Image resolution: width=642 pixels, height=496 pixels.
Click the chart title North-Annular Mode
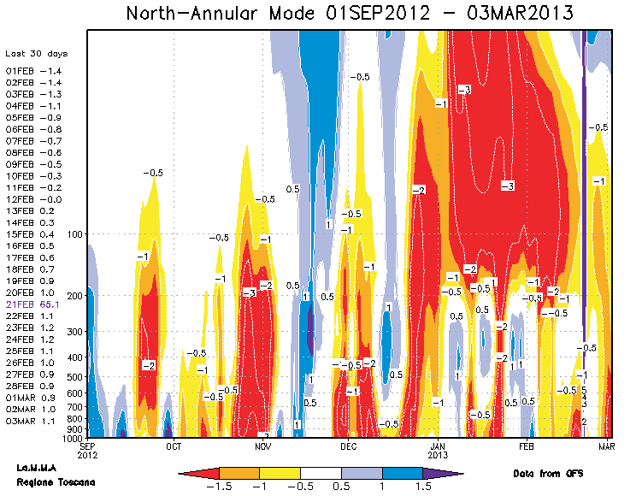(x=350, y=14)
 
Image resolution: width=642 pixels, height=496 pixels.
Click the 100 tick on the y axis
(x=72, y=233)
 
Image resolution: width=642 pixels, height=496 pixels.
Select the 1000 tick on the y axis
(x=70, y=438)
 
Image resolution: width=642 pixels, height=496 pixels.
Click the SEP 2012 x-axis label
(x=88, y=450)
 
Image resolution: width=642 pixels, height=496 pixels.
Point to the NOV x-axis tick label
(x=262, y=446)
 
